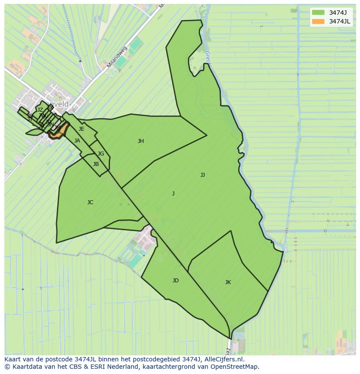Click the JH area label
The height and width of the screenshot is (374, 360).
click(141, 141)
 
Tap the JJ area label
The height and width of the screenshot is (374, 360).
click(203, 175)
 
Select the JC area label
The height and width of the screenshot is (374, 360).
click(90, 202)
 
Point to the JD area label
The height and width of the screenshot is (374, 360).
click(175, 281)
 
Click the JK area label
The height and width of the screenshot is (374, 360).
click(228, 282)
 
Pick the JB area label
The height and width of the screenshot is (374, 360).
click(96, 164)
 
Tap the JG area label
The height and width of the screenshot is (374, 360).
click(101, 154)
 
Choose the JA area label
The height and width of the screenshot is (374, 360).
click(77, 141)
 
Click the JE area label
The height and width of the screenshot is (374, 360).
click(81, 129)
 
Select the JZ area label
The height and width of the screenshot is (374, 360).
click(40, 110)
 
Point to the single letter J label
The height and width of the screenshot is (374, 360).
click(173, 194)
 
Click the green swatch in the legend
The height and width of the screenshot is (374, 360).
click(318, 13)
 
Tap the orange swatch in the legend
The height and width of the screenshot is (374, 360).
click(318, 21)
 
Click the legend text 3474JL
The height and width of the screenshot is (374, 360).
click(340, 21)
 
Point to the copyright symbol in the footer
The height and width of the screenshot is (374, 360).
click(7, 367)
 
